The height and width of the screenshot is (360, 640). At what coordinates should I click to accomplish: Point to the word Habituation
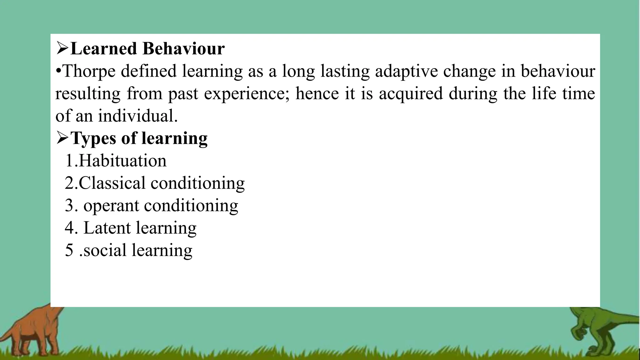tap(122, 161)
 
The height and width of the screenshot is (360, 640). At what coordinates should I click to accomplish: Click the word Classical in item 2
tap(112, 183)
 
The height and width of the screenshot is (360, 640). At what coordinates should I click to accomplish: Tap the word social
tap(105, 250)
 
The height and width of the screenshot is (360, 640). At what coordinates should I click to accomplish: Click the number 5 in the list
tap(69, 250)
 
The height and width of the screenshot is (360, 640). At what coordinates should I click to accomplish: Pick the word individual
tap(138, 116)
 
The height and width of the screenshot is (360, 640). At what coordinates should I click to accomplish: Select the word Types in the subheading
tap(93, 138)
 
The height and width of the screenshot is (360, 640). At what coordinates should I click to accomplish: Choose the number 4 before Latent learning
tap(69, 228)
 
